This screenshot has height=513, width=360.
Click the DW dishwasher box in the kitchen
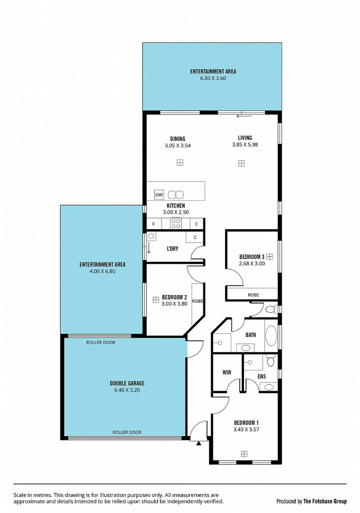point(159,195)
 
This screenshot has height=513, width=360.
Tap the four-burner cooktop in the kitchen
point(176,224)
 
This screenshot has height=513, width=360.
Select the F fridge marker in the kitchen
point(154,225)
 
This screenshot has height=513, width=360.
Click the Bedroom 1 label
point(246,423)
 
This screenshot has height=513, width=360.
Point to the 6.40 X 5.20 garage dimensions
point(127,390)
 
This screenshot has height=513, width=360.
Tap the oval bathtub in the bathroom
point(271,336)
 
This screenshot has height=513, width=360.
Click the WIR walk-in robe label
point(227,372)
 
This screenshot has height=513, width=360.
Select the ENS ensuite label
point(262,377)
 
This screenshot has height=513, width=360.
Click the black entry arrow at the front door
point(198,443)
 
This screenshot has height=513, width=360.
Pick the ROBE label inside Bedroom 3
point(253,295)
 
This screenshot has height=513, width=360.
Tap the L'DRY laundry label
point(172,249)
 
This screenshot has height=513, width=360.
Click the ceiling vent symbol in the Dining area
point(180,162)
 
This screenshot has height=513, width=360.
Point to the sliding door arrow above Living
point(244,116)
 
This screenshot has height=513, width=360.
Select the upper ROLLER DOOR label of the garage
point(101,342)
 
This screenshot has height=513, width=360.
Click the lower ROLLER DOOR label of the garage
point(127,432)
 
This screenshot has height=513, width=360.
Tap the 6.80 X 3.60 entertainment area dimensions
point(213,78)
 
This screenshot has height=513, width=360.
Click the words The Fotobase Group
point(325,501)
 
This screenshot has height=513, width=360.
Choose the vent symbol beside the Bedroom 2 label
point(156,299)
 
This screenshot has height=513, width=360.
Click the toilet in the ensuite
point(270,360)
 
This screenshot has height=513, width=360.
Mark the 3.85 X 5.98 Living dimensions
point(245,144)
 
